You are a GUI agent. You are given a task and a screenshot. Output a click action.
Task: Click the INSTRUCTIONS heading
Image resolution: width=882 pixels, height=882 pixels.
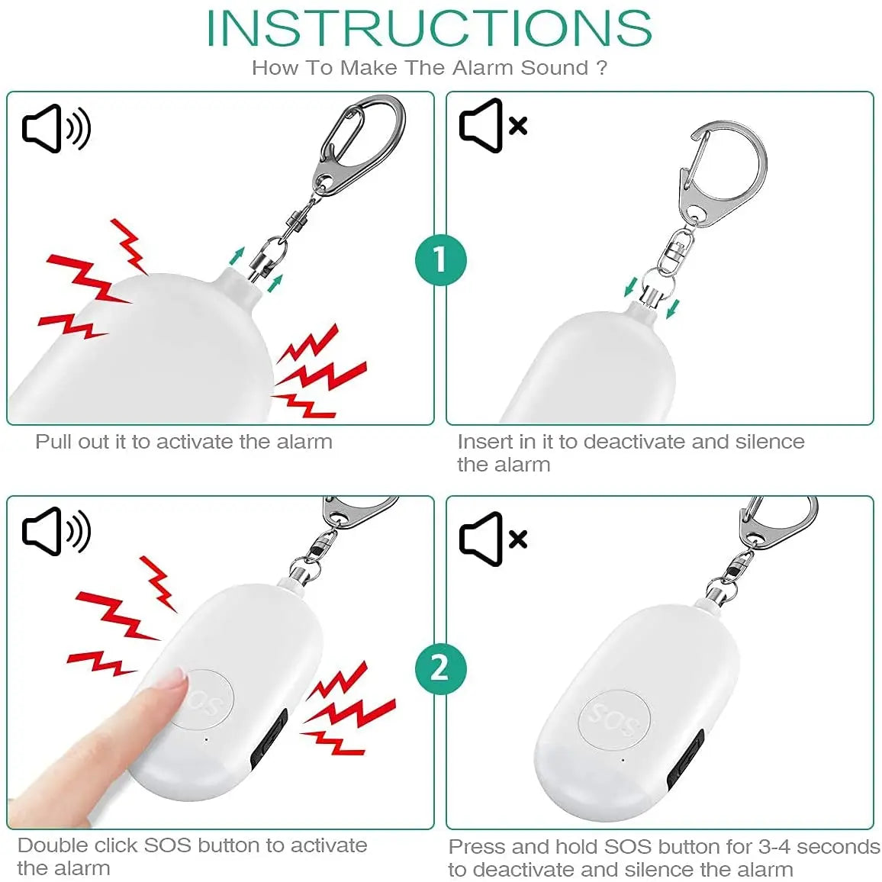pyautogui.click(x=429, y=29)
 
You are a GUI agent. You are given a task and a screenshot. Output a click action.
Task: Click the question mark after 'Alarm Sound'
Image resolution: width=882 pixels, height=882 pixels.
pyautogui.click(x=602, y=68)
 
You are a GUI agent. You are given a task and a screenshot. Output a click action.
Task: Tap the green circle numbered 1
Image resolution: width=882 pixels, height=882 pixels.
pyautogui.click(x=440, y=259)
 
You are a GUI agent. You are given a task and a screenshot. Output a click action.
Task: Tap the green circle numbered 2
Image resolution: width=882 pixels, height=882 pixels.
pyautogui.click(x=440, y=668)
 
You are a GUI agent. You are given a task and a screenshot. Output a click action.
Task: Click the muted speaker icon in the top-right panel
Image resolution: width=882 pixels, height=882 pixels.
pyautogui.click(x=493, y=125)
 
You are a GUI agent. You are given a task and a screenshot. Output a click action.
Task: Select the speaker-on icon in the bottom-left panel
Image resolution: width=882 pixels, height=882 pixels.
pyautogui.click(x=56, y=532)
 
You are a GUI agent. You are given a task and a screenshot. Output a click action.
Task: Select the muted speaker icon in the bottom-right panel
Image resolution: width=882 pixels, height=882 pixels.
pyautogui.click(x=493, y=539)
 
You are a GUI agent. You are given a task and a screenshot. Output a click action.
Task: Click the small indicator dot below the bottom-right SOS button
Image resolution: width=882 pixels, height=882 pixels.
pyautogui.click(x=623, y=760)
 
